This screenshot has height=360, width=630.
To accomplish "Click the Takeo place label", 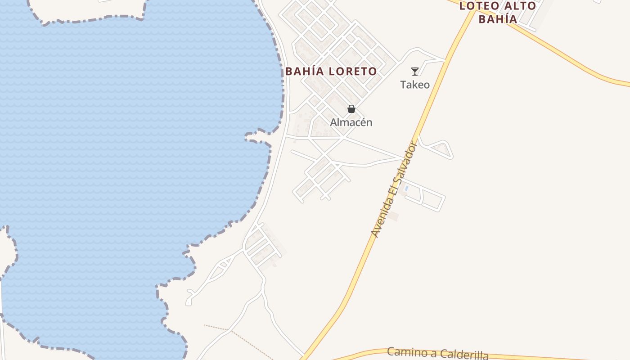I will click(415, 85).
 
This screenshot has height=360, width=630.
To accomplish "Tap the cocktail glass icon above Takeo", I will click(414, 71).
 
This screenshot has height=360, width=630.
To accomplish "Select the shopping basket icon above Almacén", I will click(351, 109).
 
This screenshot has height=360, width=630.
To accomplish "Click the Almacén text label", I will click(351, 122).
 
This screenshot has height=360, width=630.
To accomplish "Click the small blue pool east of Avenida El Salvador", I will click(407, 188).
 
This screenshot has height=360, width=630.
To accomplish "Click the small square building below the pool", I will click(394, 216).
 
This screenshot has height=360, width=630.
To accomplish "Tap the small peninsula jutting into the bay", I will click(258, 137).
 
